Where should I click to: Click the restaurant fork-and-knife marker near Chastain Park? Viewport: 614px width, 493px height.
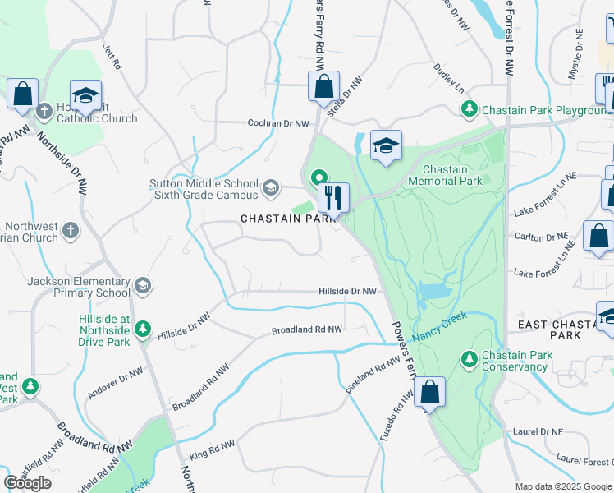click(x=333, y=197)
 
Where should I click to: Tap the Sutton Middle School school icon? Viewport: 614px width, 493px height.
click(x=269, y=190)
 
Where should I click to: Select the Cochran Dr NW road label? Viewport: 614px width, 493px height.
click(x=279, y=123)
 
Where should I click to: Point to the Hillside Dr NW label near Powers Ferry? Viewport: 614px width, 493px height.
click(x=347, y=291)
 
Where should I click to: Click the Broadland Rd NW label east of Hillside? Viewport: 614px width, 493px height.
click(x=306, y=330)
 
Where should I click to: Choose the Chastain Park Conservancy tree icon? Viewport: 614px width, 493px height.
click(x=469, y=359)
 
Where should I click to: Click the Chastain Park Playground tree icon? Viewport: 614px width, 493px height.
click(x=469, y=109)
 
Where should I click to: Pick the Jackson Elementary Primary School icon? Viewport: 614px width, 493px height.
click(x=143, y=285)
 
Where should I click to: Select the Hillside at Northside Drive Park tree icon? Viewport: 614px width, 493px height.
click(x=143, y=329)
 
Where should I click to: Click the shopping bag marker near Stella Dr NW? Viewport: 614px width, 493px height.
click(x=324, y=85)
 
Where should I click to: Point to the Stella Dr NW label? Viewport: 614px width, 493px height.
click(x=345, y=92)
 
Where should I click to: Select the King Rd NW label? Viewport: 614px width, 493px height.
click(x=212, y=449)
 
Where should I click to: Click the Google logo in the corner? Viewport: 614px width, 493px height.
click(x=28, y=482)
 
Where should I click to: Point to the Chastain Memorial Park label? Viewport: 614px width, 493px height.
click(x=445, y=175)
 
